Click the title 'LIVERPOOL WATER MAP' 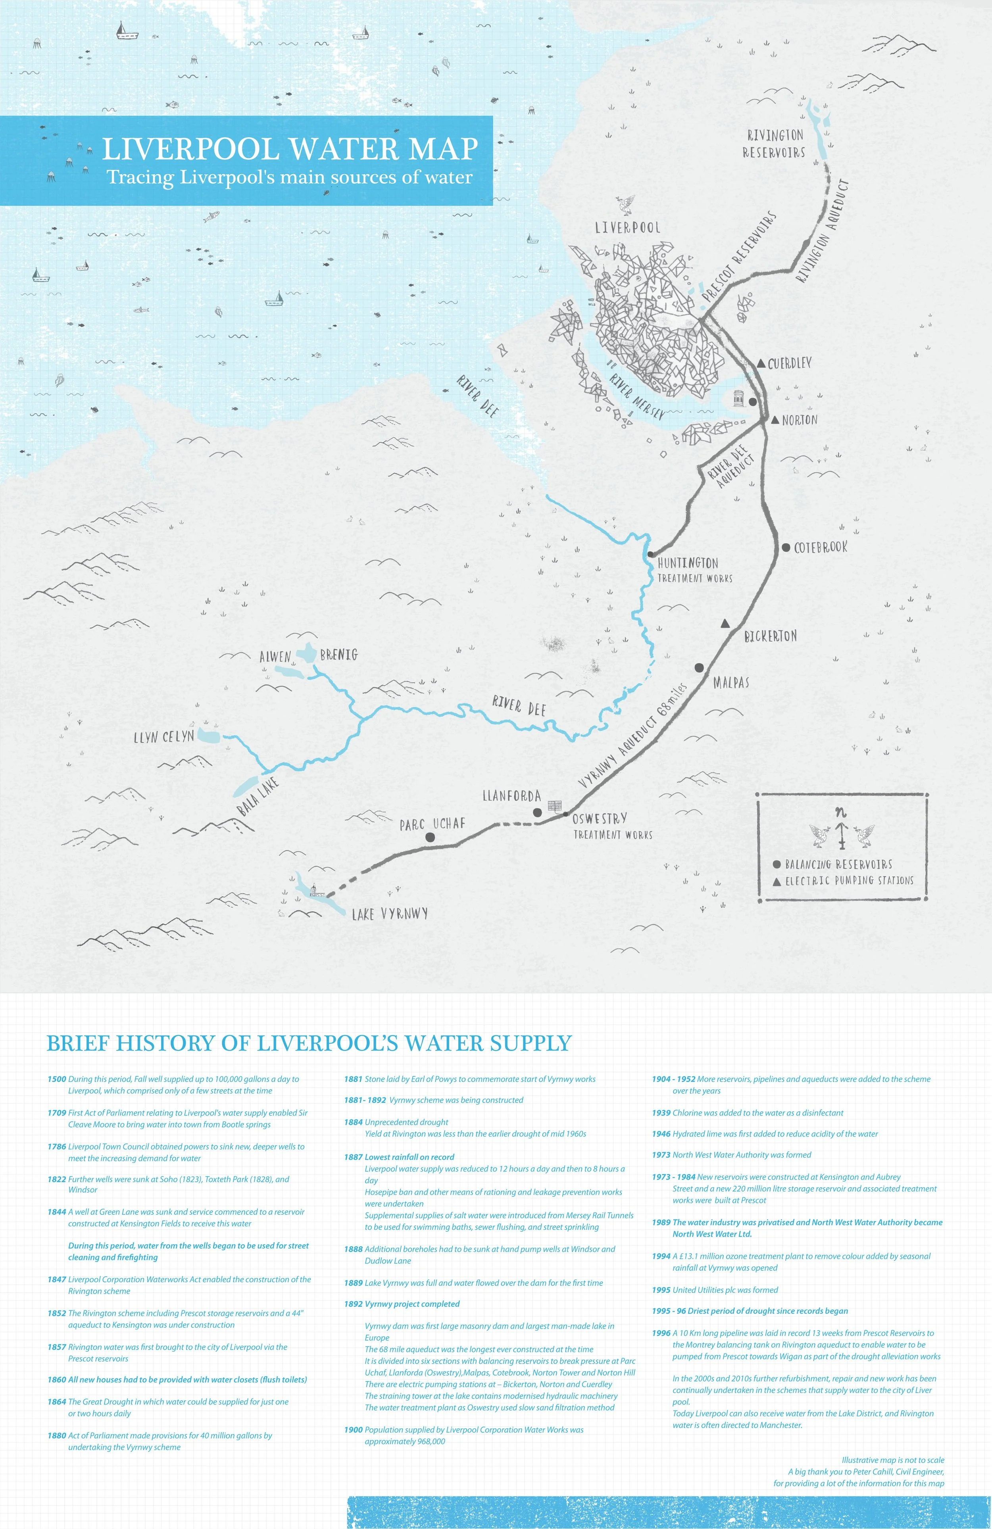click(290, 149)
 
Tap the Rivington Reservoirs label click(775, 144)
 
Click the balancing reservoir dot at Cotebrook click(786, 547)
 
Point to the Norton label click(800, 420)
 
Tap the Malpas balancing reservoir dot click(699, 667)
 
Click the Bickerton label click(770, 636)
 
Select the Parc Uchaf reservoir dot click(430, 837)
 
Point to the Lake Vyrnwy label click(390, 914)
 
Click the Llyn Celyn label click(164, 737)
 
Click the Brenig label click(338, 655)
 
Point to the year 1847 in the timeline click(56, 1279)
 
